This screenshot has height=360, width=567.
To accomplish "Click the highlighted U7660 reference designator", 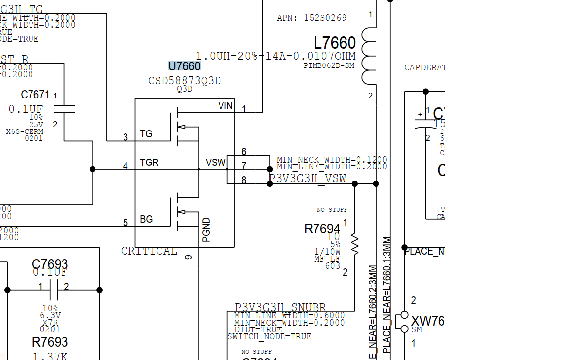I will tap(185, 66).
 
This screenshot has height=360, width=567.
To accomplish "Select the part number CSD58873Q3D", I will tap(185, 81).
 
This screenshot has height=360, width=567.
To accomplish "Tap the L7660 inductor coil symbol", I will tap(369, 56).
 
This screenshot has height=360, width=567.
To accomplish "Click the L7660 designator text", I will tap(335, 43).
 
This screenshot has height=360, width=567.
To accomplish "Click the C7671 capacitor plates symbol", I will tap(64, 109).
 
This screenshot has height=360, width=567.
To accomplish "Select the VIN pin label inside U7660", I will tap(225, 106).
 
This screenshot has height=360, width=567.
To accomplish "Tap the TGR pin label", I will tap(149, 163).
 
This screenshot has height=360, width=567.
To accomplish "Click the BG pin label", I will tap(146, 219).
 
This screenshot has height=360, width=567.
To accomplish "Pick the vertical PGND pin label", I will tap(207, 229).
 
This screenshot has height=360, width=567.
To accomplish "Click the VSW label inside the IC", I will tap(216, 163).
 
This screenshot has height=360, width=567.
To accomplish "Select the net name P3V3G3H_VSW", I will tap(307, 178).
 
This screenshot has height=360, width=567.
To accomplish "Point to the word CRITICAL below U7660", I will tap(149, 251).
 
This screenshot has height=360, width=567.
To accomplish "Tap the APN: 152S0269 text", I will tap(312, 18).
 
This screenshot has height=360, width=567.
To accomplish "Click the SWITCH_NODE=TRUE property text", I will tap(269, 337).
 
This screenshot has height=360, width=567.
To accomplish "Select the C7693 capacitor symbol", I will tap(54, 290).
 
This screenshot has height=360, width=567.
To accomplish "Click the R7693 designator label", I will tap(50, 342).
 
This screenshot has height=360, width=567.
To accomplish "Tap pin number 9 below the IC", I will tap(188, 257).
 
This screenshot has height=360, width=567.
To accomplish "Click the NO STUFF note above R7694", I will tap(332, 210).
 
